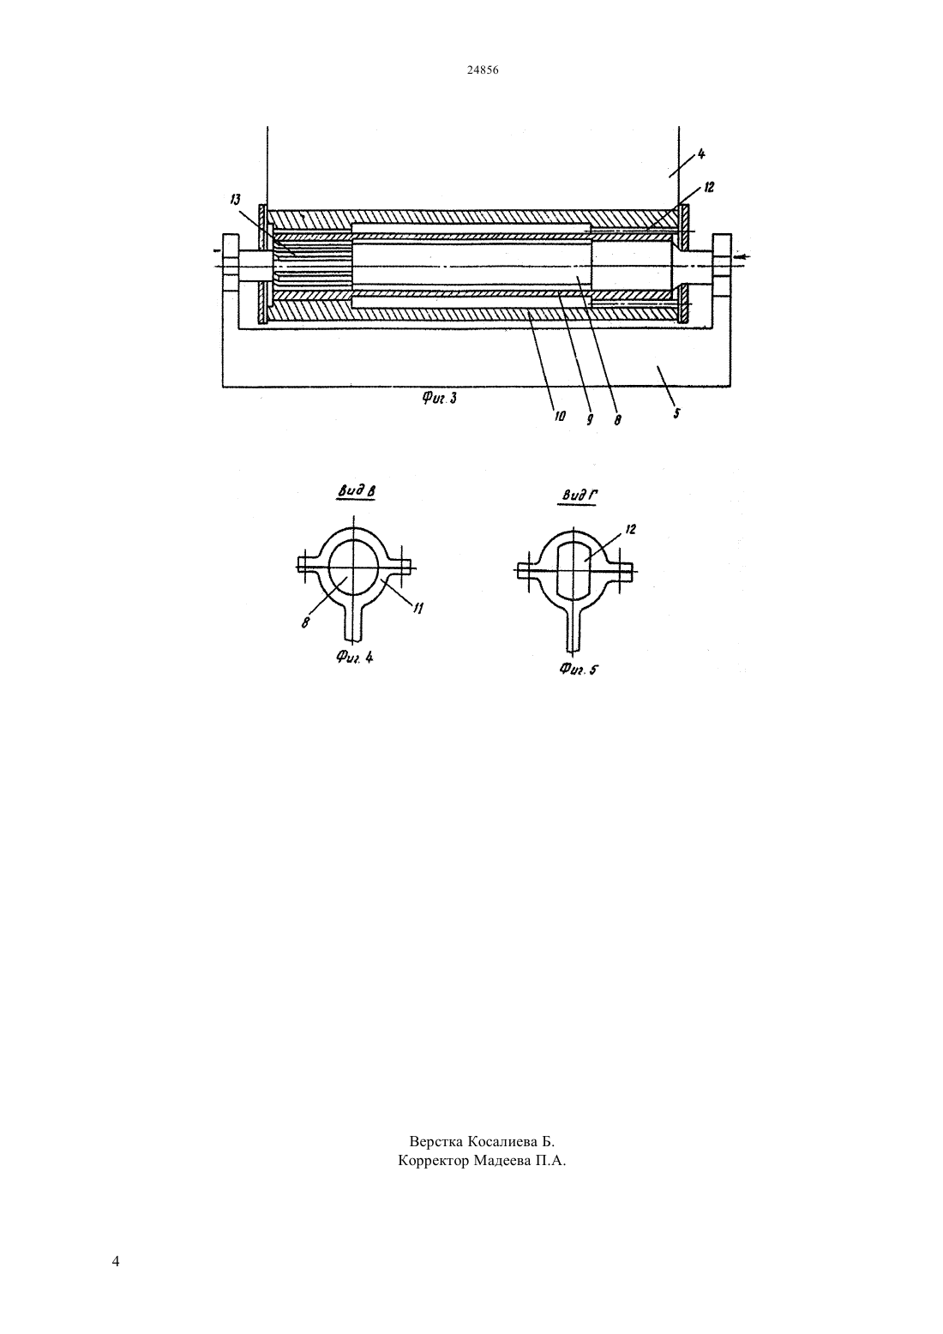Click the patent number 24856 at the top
coord(482,69)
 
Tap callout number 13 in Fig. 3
coord(235,199)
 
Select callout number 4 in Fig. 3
coord(700,153)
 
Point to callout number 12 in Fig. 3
coord(708,187)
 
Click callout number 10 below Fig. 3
coord(560,417)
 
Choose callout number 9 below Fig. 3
coord(590,419)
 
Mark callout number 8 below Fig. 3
coord(618,420)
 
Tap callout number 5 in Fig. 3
coord(676,412)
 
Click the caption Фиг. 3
coord(440,399)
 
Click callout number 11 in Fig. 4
coord(418,608)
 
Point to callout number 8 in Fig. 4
coord(305,622)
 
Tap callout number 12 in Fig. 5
coord(630,529)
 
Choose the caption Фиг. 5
coord(578,670)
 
